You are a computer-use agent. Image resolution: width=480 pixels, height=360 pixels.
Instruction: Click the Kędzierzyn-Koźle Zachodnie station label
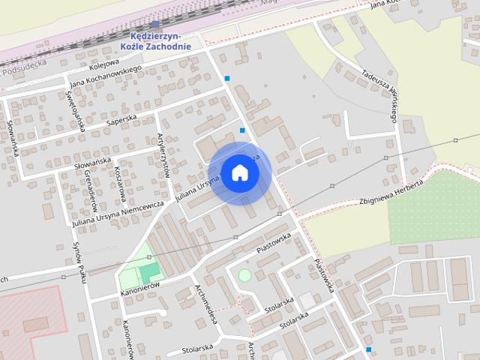pyautogui.click(x=155, y=40)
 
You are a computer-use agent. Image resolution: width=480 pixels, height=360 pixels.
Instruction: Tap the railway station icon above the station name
pyautogui.click(x=155, y=25)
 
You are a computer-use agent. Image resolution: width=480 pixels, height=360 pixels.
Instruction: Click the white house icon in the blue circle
pyautogui.click(x=239, y=173)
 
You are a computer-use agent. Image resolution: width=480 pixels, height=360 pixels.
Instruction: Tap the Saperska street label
pyautogui.click(x=121, y=121)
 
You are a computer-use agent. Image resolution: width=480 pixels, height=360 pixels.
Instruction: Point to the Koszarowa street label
pyautogui.click(x=118, y=181)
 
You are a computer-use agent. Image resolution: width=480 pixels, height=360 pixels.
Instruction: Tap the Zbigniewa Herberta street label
pyautogui.click(x=391, y=193)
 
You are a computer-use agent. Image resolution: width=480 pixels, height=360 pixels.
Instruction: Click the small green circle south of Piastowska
pyautogui.click(x=244, y=275)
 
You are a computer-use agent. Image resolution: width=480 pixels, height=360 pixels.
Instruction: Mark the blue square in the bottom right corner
pyautogui.click(x=368, y=349)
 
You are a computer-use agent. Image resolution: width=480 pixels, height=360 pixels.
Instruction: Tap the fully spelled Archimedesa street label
pyautogui.click(x=205, y=303)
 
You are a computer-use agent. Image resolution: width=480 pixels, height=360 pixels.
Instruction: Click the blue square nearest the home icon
pyautogui.click(x=242, y=130)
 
